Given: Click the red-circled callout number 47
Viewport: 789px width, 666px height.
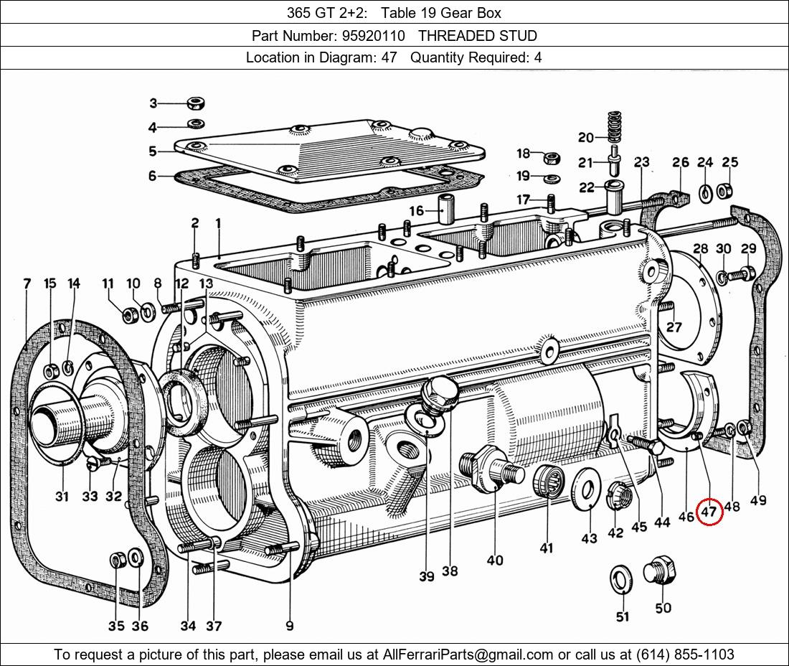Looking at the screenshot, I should (709, 512).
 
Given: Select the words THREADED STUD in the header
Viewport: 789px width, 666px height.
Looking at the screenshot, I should (477, 35).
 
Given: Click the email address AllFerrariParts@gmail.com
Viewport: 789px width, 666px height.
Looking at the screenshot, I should (468, 655).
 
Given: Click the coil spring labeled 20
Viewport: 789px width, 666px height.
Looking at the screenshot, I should (613, 126).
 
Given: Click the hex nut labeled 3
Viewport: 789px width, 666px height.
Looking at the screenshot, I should (194, 103).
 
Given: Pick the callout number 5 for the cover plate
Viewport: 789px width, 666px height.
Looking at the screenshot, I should (152, 151).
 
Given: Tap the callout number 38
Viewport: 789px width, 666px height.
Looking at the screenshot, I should (450, 571).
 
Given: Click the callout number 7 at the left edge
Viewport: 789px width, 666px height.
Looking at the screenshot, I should (27, 284).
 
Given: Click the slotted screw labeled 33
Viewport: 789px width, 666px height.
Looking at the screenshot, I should (92, 464).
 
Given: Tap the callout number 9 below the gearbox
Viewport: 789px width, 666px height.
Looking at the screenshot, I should (290, 626).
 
